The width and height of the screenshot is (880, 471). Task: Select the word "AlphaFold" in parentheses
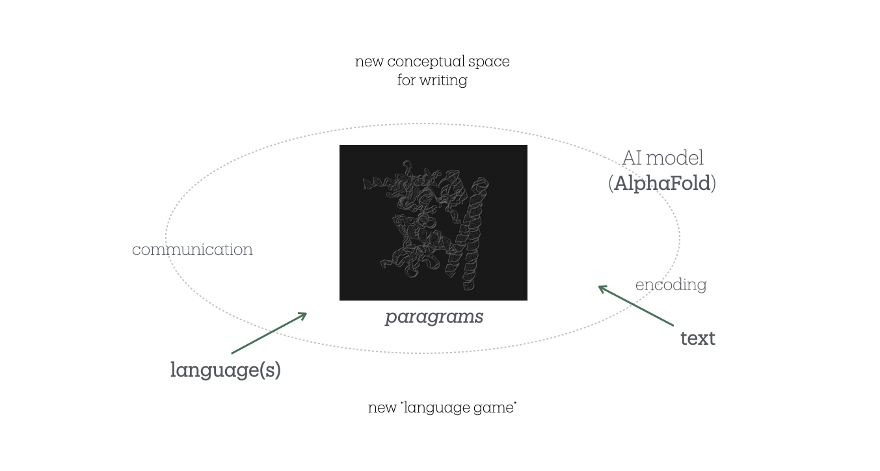click(x=662, y=183)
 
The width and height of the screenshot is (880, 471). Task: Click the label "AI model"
click(x=662, y=158)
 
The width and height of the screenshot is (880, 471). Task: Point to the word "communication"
click(x=193, y=250)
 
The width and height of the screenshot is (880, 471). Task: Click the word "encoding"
click(x=671, y=285)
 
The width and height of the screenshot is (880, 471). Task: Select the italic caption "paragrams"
click(x=434, y=317)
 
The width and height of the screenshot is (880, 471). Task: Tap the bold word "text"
click(x=697, y=338)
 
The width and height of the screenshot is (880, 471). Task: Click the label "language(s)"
click(x=225, y=370)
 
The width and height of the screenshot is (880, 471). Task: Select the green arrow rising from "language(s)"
click(x=268, y=334)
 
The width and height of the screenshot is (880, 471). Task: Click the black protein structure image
click(x=433, y=222)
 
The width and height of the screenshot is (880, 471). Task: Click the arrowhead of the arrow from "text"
click(x=602, y=288)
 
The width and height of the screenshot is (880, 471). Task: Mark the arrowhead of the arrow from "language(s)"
click(x=303, y=315)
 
